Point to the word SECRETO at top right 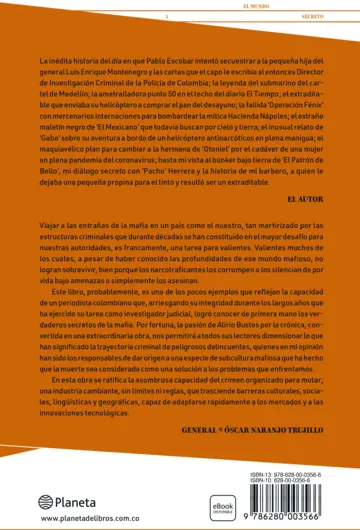pos(320,16)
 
